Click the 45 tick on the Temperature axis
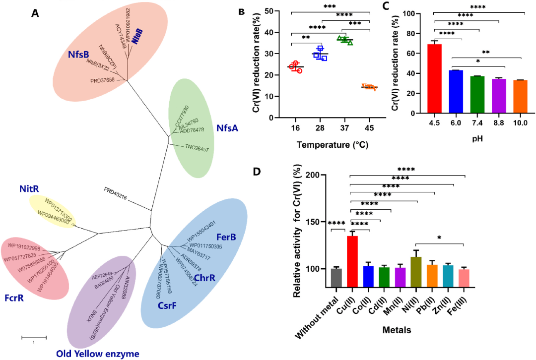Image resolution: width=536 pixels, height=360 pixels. (370, 128)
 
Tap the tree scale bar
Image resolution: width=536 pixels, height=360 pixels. (34, 337)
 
